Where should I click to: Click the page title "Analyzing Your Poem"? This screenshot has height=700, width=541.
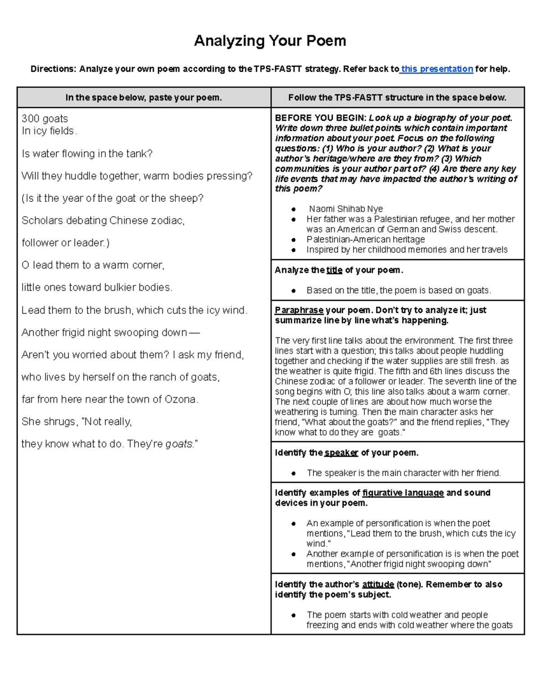click(270, 41)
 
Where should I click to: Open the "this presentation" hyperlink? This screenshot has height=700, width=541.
click(437, 69)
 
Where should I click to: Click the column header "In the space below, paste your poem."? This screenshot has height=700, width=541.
click(144, 97)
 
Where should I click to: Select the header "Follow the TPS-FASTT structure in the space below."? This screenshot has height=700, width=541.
click(397, 97)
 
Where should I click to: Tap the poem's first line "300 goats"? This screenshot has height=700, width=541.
click(45, 119)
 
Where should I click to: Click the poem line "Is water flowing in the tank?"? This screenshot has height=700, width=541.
click(87, 154)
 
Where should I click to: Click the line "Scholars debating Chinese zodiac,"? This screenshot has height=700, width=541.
click(103, 220)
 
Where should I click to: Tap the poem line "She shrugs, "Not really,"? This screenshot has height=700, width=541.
click(77, 422)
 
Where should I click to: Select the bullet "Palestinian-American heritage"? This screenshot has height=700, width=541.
click(365, 239)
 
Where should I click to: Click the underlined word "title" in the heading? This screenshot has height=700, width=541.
click(334, 270)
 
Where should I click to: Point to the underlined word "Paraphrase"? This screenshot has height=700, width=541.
click(299, 310)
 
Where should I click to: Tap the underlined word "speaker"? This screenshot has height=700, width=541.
click(341, 453)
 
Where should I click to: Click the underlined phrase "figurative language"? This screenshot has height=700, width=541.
click(403, 493)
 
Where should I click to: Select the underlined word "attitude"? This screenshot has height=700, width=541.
click(378, 585)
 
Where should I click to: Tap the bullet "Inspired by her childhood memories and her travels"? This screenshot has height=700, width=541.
click(407, 250)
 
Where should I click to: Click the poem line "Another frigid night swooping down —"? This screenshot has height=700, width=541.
click(110, 333)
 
